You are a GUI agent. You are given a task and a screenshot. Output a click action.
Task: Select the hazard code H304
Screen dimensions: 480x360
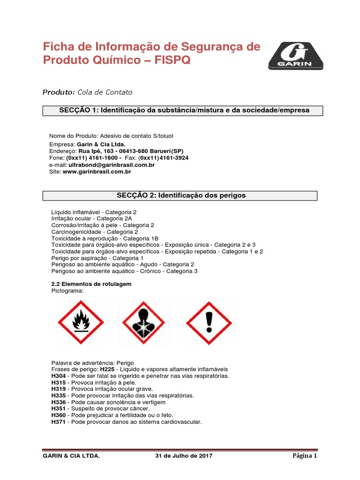pos(59,376)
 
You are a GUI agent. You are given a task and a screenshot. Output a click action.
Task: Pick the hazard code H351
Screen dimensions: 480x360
pos(59,409)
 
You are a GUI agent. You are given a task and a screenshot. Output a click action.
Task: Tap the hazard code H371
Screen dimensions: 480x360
pos(59,422)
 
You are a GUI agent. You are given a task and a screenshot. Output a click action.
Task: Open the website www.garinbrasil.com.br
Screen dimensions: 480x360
pos(97,172)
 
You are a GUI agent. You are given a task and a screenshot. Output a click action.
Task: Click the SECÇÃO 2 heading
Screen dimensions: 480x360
pos(180,195)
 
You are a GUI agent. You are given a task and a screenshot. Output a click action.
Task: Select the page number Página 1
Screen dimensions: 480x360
pos(305,456)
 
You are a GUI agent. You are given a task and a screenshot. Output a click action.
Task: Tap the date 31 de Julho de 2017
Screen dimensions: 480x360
pos(184,456)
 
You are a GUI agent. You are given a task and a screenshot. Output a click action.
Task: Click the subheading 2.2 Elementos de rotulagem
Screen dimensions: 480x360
pos(91,284)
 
